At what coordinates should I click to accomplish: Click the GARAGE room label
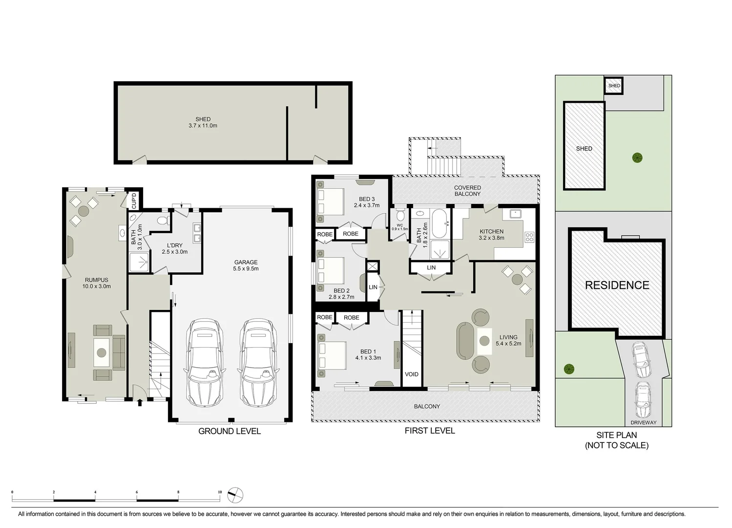pos(246,265)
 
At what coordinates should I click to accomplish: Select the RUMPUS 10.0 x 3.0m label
pos(96,283)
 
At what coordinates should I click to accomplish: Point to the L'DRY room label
pos(174,248)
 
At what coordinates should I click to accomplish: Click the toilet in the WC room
pos(400,216)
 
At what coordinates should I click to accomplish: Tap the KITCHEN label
pos(491,235)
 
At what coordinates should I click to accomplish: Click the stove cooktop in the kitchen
pos(529,238)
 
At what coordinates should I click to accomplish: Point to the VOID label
pos(411,374)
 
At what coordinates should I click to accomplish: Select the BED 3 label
pos(367,202)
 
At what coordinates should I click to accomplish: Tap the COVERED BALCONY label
pos(467,191)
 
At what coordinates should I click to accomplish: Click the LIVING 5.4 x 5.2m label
pos(508,340)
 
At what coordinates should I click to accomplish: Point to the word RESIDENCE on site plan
pos(617,285)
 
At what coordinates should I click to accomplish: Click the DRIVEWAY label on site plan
pos(643,422)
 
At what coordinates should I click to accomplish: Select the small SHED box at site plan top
pos(614,86)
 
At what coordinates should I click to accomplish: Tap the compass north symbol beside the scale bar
pos(235,495)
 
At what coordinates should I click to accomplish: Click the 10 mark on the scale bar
pos(220,492)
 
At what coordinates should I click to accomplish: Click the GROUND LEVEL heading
pos(229,431)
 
